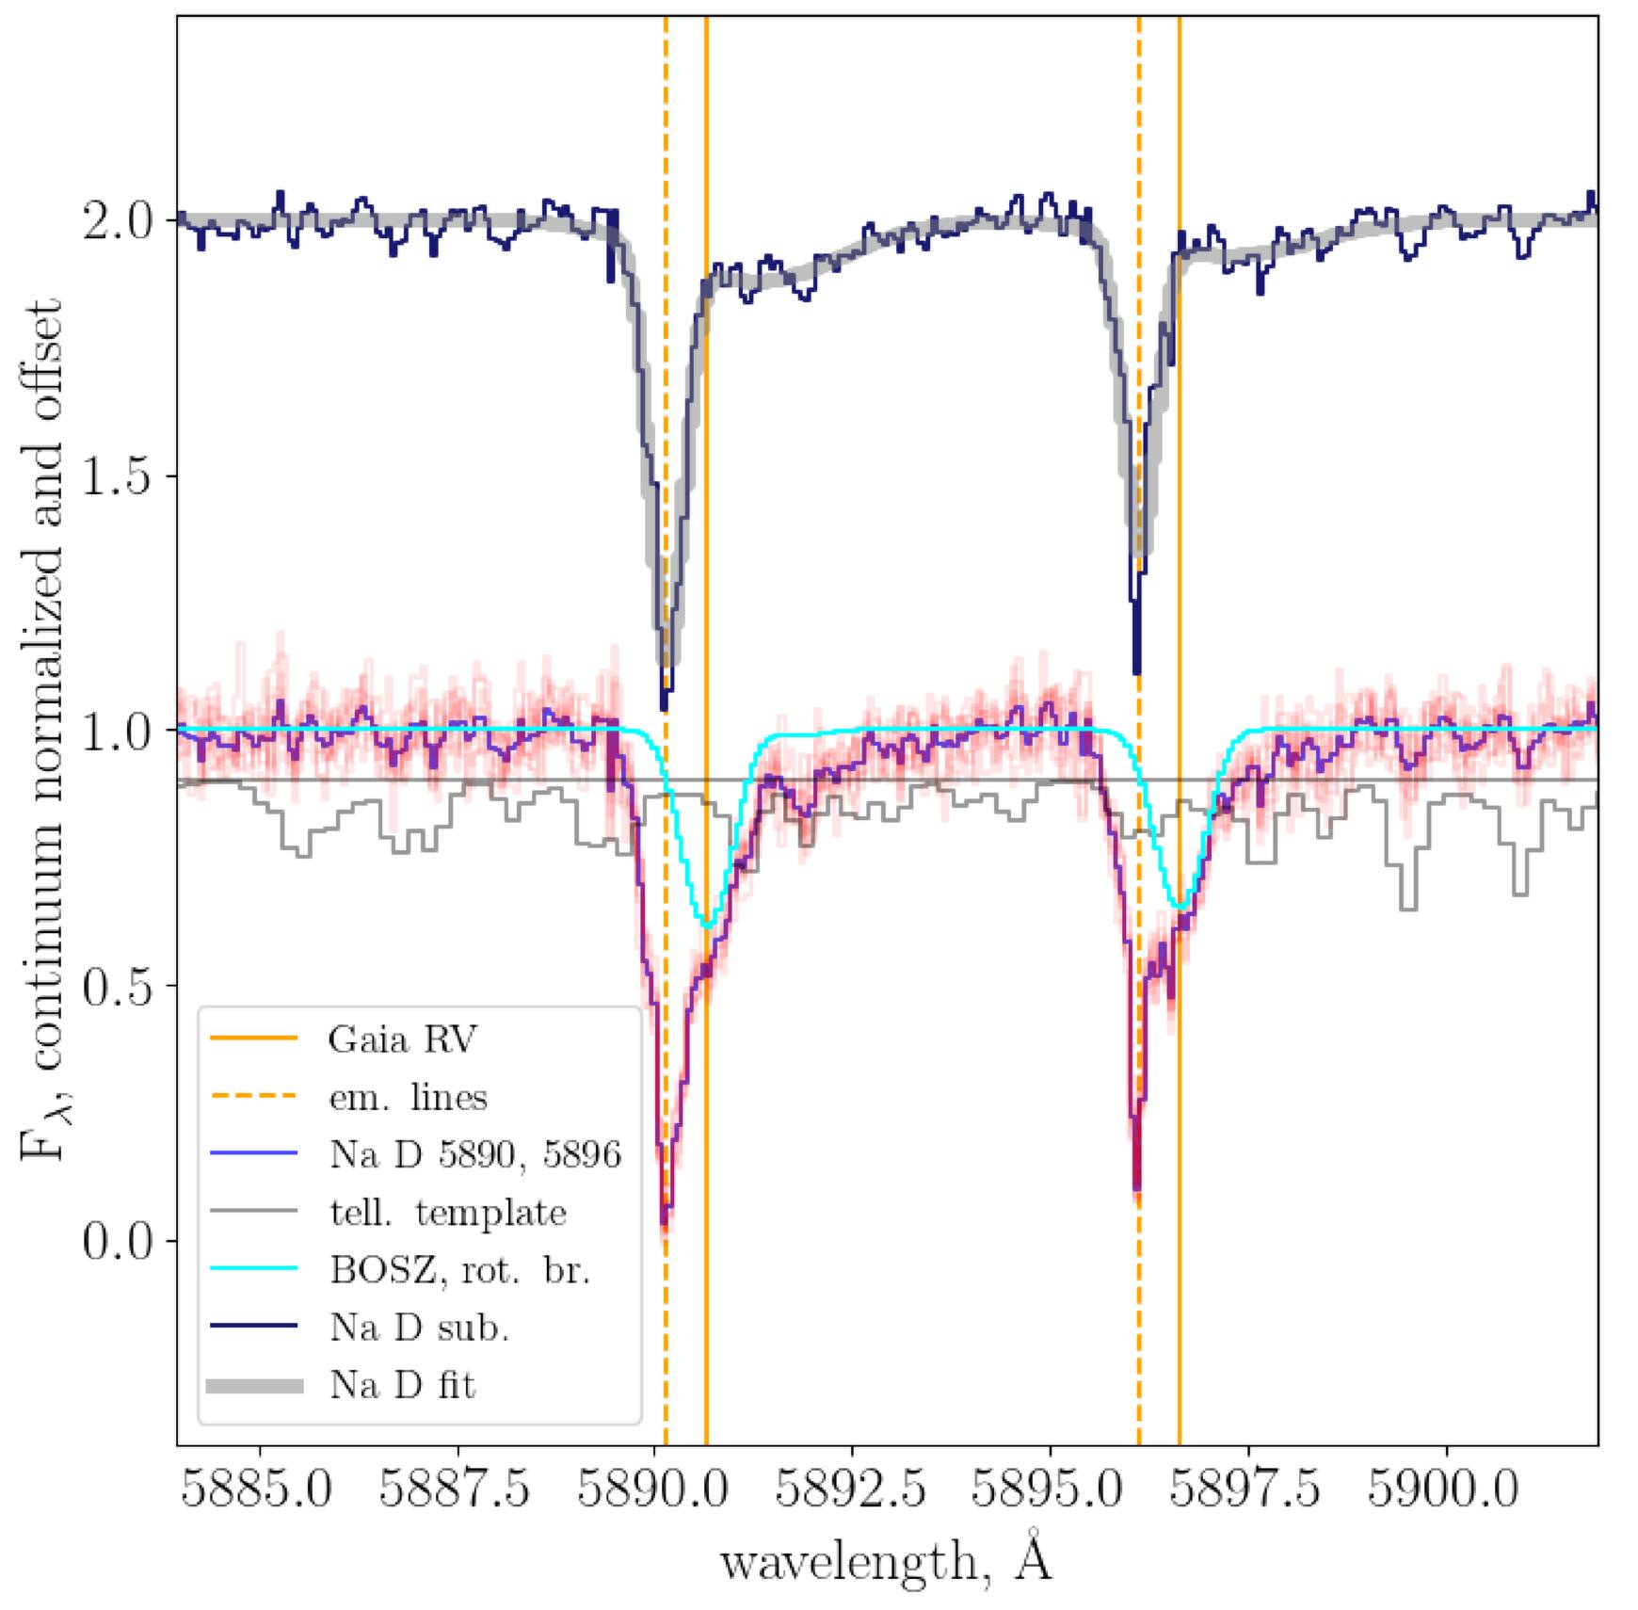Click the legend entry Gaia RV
[402, 1039]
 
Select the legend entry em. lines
[408, 1098]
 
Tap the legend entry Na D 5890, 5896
[474, 1154]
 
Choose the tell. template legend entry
[447, 1213]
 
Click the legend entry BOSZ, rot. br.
[459, 1270]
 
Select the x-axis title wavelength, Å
[886, 1561]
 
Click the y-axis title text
[41, 730]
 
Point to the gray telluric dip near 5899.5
[1407, 908]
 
